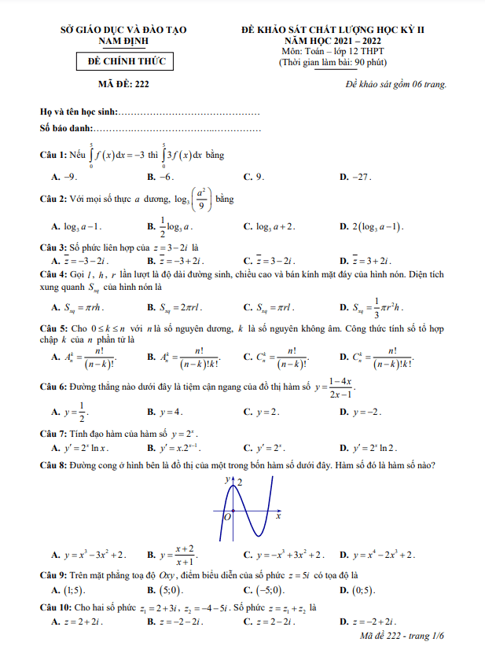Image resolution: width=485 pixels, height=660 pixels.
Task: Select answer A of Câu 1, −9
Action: pos(69,178)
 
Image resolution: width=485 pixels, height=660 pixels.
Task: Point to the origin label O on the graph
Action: pos(227,517)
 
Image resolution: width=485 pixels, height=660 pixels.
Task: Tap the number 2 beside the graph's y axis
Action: pos(239,481)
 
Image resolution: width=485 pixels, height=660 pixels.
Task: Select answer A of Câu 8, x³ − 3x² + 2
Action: pos(93,555)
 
